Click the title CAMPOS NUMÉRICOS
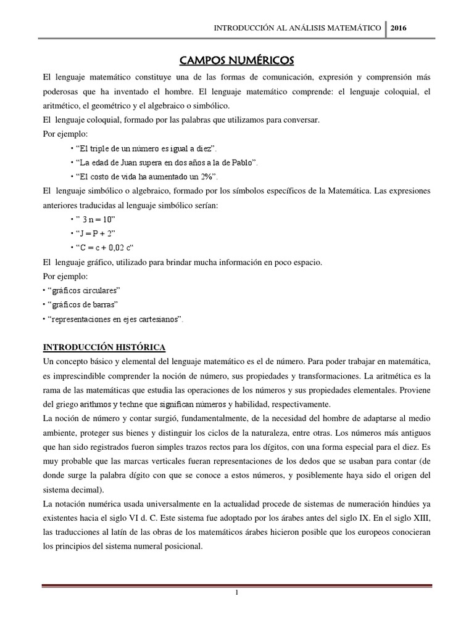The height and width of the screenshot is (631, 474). click(237, 60)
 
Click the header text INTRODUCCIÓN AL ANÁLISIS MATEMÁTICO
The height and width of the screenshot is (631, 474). click(296, 28)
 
